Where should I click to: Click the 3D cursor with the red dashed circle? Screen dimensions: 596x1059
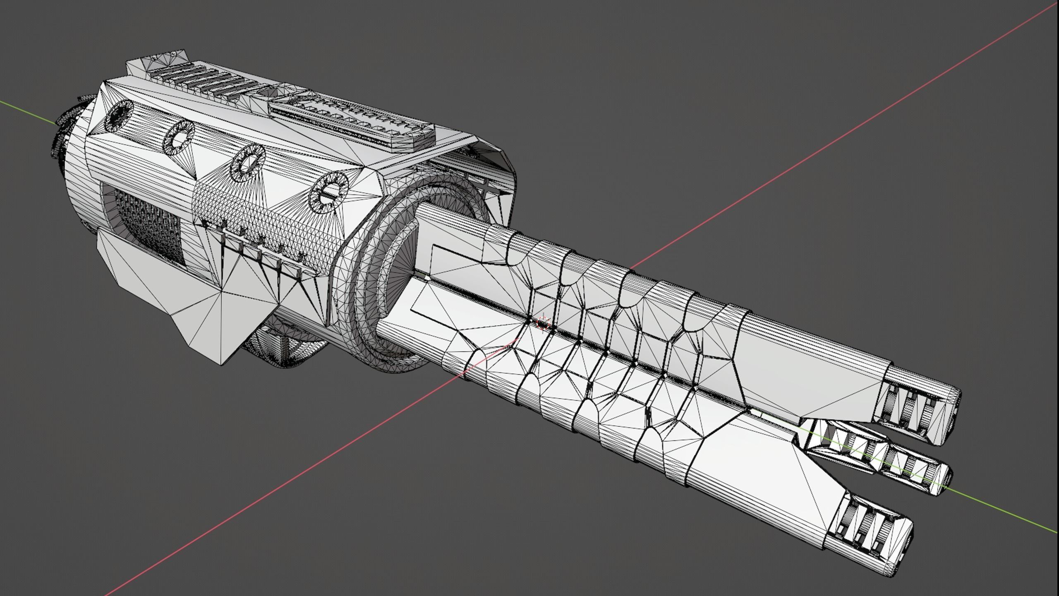coord(543,323)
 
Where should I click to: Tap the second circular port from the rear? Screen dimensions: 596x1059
coord(180,137)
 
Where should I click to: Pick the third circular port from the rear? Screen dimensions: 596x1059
coord(248,163)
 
